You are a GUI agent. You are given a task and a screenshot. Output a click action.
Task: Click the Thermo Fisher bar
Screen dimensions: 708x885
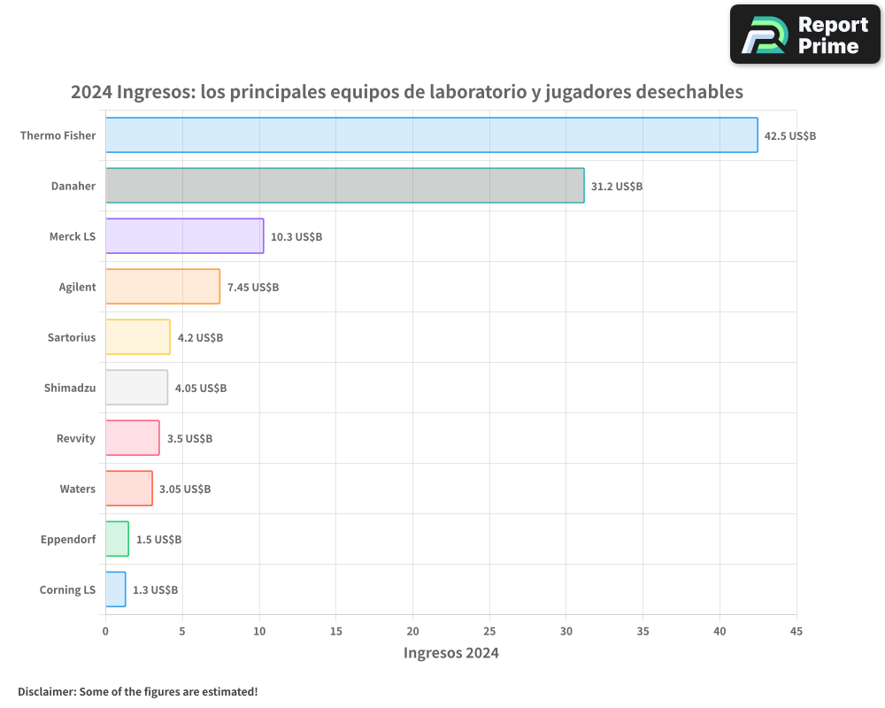pyautogui.click(x=431, y=135)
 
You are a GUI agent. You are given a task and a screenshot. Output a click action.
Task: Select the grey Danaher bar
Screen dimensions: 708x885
pyautogui.click(x=344, y=186)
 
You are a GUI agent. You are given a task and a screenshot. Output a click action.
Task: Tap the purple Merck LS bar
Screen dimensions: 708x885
pyautogui.click(x=184, y=236)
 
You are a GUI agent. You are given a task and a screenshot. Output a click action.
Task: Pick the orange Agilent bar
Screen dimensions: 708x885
pyautogui.click(x=162, y=287)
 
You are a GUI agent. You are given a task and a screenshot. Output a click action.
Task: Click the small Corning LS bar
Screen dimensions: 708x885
pyautogui.click(x=115, y=589)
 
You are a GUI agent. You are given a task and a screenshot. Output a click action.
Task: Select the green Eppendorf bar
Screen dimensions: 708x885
pyautogui.click(x=117, y=539)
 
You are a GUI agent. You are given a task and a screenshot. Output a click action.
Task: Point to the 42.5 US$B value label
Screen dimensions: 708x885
pyautogui.click(x=790, y=135)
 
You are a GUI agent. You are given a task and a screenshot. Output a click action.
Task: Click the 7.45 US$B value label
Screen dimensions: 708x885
pyautogui.click(x=253, y=287)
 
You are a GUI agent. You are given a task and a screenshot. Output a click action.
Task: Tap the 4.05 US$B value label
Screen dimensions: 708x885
pyautogui.click(x=201, y=388)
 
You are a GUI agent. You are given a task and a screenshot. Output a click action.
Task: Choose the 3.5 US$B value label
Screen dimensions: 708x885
pyautogui.click(x=189, y=438)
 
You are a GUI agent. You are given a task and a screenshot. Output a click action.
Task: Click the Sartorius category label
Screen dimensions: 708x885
pyautogui.click(x=72, y=337)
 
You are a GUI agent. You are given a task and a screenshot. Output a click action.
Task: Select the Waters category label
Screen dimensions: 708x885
pyautogui.click(x=78, y=489)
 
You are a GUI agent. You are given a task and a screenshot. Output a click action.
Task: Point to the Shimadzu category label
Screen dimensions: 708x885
pyautogui.click(x=70, y=388)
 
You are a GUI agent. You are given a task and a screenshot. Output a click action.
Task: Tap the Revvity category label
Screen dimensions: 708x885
pyautogui.click(x=75, y=438)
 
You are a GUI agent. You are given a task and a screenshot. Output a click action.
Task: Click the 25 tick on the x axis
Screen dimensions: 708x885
pyautogui.click(x=489, y=631)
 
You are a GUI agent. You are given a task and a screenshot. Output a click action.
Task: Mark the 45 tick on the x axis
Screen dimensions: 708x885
pyautogui.click(x=796, y=631)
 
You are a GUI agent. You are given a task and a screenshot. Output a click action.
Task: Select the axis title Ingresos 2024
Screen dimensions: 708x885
pyautogui.click(x=450, y=653)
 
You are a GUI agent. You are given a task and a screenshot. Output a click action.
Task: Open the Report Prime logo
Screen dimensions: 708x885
pyautogui.click(x=805, y=35)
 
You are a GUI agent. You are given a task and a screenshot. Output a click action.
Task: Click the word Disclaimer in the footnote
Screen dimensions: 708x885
pyautogui.click(x=46, y=691)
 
